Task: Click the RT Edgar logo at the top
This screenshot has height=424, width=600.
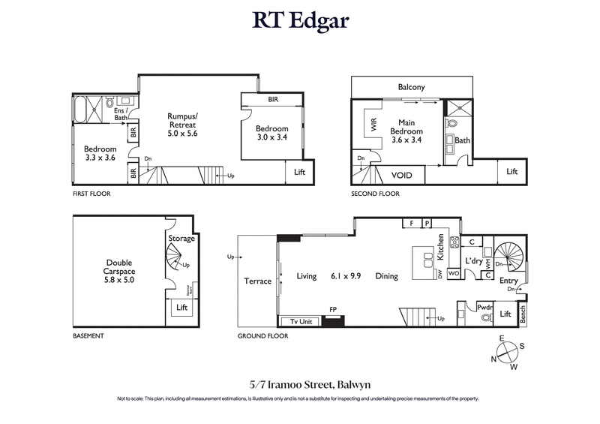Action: [x=300, y=21]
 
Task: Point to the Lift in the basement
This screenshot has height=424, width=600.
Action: [x=181, y=308]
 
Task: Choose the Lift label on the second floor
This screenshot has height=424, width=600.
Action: [x=511, y=172]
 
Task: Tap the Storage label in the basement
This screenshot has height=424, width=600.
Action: [x=181, y=239]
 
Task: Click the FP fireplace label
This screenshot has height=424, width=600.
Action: [x=334, y=308]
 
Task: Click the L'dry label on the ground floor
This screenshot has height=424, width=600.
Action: [x=474, y=261]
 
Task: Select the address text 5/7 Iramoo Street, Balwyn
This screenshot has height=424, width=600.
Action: [x=300, y=384]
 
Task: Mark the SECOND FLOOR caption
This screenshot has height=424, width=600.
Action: [x=376, y=194]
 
